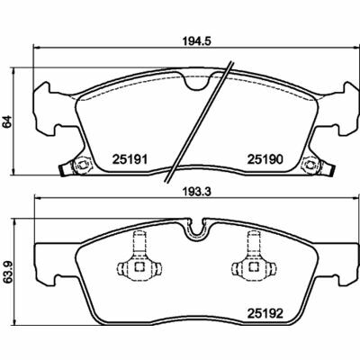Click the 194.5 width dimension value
[197, 41]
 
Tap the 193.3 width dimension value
[197, 192]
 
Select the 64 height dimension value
[7, 121]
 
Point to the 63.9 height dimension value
[8, 273]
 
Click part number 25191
[130, 159]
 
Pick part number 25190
[265, 159]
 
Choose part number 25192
[265, 314]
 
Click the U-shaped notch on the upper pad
[197, 84]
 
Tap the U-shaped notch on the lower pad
[197, 229]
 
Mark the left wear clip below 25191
[82, 165]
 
